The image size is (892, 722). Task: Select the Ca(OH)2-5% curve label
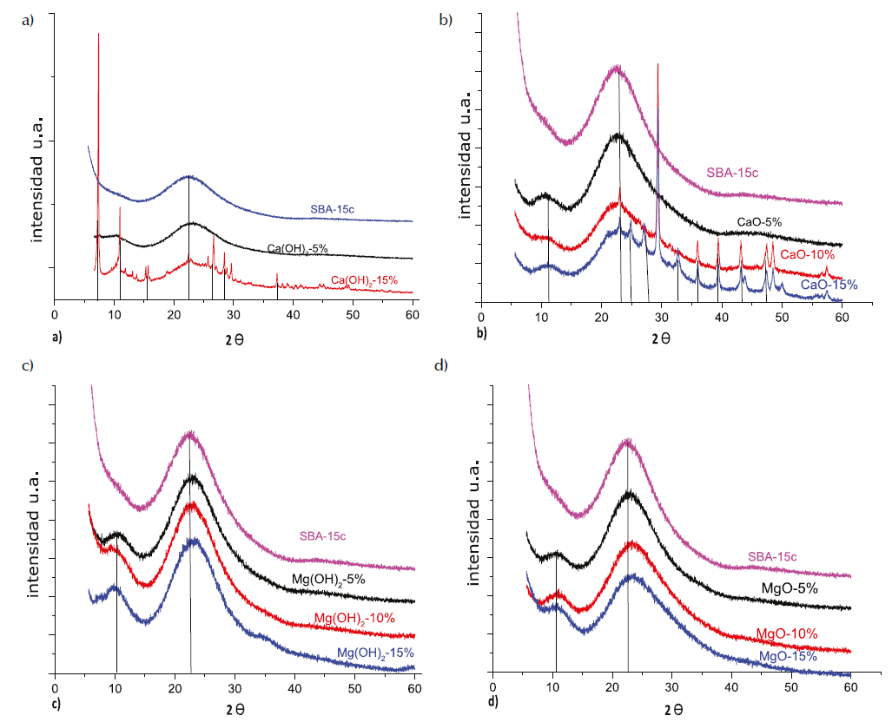point(297,249)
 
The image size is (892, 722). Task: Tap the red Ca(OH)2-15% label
point(364,279)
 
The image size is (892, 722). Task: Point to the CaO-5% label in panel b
point(759,222)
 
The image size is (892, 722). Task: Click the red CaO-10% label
point(807,254)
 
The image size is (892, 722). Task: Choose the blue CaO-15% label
point(829,285)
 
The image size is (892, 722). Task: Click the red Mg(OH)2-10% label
point(355,618)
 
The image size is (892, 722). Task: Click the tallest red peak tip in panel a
point(98,34)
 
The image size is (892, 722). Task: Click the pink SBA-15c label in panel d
point(772,556)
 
